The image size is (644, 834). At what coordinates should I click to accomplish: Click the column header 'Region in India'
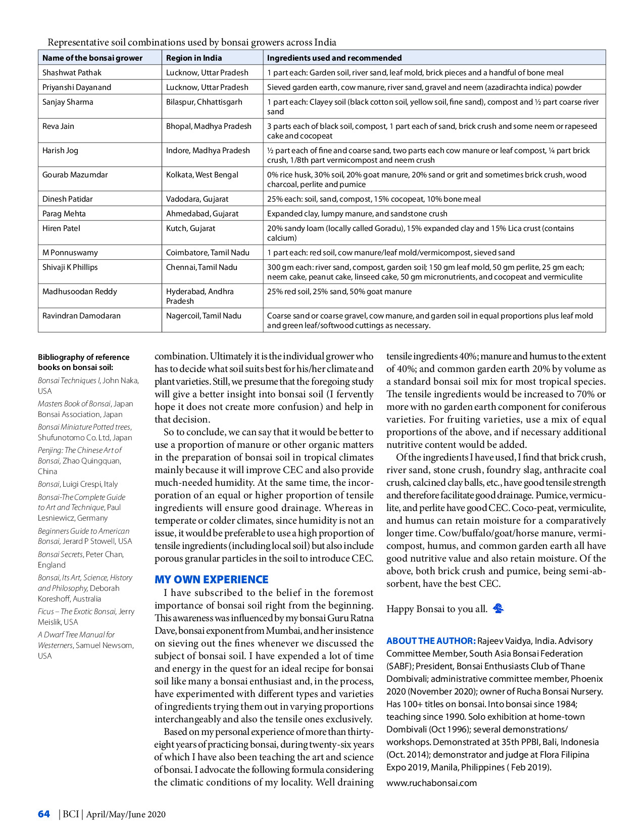(194, 58)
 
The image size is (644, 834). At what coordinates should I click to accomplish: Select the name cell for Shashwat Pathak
(72, 72)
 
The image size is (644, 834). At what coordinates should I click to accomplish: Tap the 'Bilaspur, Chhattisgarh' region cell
(204, 102)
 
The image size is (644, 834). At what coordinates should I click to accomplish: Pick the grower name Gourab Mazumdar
(75, 174)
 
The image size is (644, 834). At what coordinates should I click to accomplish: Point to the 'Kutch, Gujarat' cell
(190, 228)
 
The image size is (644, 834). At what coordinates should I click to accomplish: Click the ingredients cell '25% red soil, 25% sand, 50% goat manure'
(339, 291)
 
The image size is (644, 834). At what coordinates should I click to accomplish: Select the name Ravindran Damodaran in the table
(81, 315)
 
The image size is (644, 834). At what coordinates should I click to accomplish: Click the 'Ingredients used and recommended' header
(334, 58)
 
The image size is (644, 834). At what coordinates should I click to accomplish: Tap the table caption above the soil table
(192, 42)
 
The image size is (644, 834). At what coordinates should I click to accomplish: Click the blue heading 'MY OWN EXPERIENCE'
(211, 579)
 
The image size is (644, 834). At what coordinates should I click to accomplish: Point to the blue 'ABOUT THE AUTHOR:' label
(431, 641)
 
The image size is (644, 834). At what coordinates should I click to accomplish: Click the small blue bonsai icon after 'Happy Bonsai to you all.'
(499, 608)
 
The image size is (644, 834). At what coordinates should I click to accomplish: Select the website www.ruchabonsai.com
(431, 782)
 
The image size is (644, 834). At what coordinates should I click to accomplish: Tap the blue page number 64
(44, 814)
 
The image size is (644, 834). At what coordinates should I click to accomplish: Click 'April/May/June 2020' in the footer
(126, 814)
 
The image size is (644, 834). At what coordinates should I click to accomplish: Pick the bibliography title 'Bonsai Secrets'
(60, 554)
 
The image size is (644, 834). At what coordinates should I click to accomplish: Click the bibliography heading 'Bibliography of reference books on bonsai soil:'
(83, 362)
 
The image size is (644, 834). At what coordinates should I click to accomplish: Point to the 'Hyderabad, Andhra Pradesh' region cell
(200, 296)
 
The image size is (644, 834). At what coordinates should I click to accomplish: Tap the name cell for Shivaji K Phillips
(70, 267)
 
